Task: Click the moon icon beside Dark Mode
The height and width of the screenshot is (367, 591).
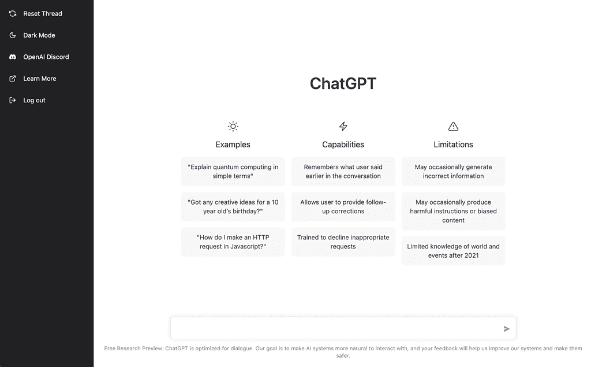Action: [13, 35]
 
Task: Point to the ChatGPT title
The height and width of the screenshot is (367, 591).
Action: [343, 83]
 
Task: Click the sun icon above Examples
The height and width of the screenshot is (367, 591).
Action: [233, 126]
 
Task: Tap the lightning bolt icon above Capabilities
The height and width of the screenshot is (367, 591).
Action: [343, 126]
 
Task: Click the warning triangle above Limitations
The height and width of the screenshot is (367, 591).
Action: [453, 126]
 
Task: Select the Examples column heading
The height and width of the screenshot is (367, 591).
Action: [233, 144]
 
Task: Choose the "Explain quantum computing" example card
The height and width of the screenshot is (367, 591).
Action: [233, 172]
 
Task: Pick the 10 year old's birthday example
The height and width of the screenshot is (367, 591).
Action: [233, 206]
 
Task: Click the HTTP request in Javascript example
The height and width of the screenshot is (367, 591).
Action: [233, 242]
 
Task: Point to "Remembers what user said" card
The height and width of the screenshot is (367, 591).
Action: [343, 172]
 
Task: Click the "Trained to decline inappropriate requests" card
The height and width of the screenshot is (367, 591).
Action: [343, 242]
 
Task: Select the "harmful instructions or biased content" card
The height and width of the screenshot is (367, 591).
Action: [453, 211]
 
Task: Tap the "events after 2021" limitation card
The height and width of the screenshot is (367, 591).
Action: [453, 251]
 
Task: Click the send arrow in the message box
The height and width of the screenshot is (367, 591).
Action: [507, 329]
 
